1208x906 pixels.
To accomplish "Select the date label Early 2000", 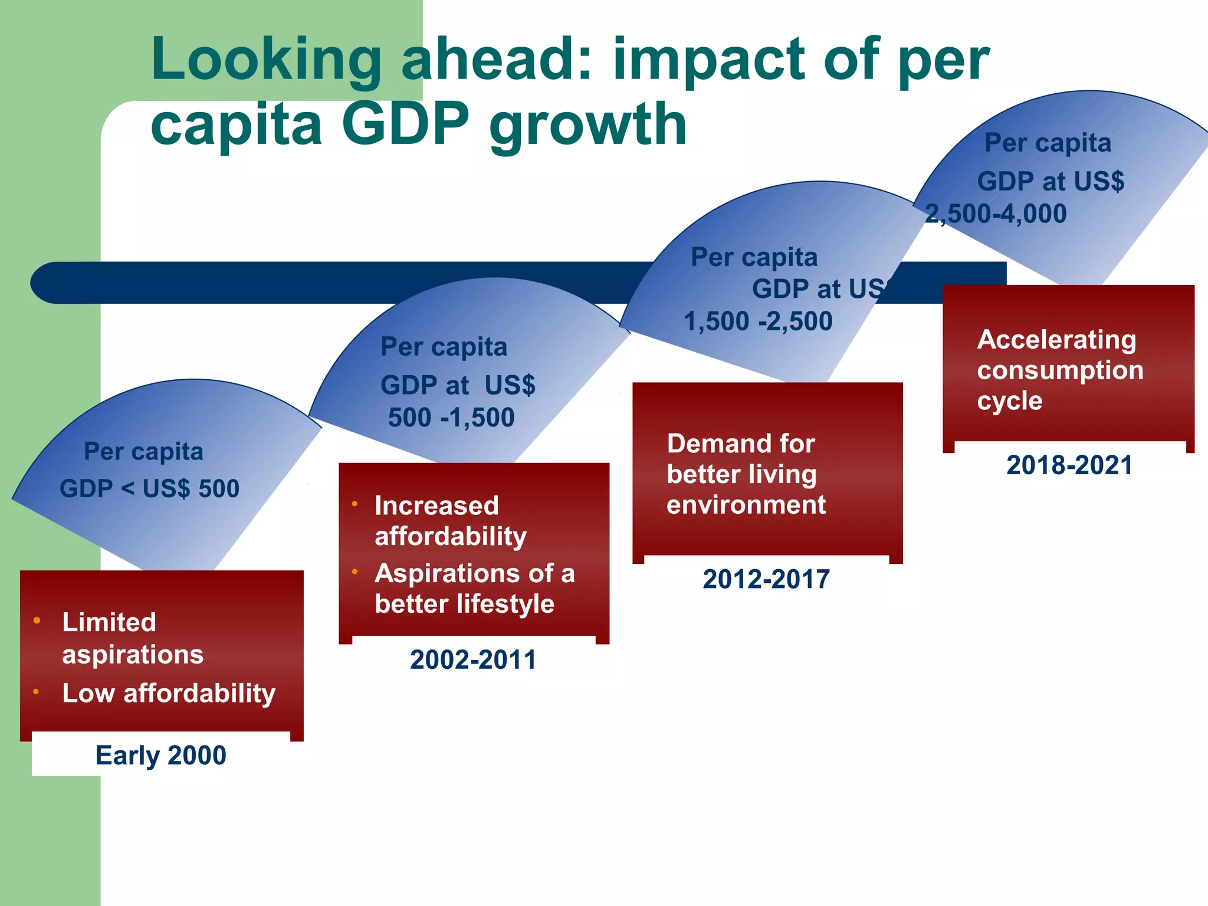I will (x=160, y=756).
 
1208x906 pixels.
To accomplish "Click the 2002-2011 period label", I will (x=473, y=659).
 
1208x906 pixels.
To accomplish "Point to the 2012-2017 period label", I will (x=766, y=579).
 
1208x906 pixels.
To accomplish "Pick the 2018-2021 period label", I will (x=1069, y=465).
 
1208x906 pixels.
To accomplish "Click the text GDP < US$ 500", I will (x=149, y=488).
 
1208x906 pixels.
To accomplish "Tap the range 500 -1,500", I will (x=451, y=418).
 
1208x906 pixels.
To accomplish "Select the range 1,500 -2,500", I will (x=758, y=321).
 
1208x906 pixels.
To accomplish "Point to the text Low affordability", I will (x=169, y=693).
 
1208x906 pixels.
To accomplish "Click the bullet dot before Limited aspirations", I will (x=37, y=620).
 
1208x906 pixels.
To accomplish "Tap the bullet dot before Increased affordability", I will (x=355, y=504).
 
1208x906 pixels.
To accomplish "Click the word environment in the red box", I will (x=746, y=505).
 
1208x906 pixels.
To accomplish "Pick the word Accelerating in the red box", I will (x=1056, y=340).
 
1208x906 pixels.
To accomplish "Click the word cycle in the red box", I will (x=1009, y=401).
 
